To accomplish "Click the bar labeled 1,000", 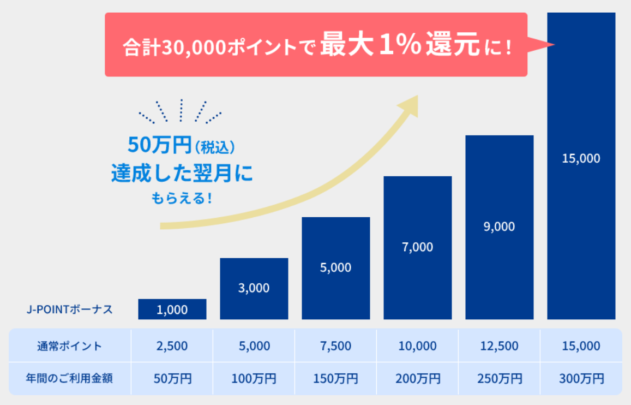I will click(172, 309).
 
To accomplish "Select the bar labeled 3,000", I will click(254, 288).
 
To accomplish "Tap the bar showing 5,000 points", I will click(335, 268).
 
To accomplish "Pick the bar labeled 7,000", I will click(417, 247).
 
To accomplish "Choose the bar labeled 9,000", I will click(499, 227).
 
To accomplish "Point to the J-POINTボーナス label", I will click(70, 309).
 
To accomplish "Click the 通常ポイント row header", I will click(69, 346).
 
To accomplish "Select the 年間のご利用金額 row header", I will click(69, 378).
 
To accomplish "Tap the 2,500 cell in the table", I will click(172, 346).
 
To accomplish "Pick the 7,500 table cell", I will click(335, 346).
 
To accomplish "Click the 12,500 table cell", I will click(499, 346).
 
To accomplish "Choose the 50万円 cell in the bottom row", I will click(172, 378).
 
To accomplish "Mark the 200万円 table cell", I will click(417, 378).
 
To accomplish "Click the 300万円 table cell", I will click(581, 378).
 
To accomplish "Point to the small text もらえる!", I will click(181, 198).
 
